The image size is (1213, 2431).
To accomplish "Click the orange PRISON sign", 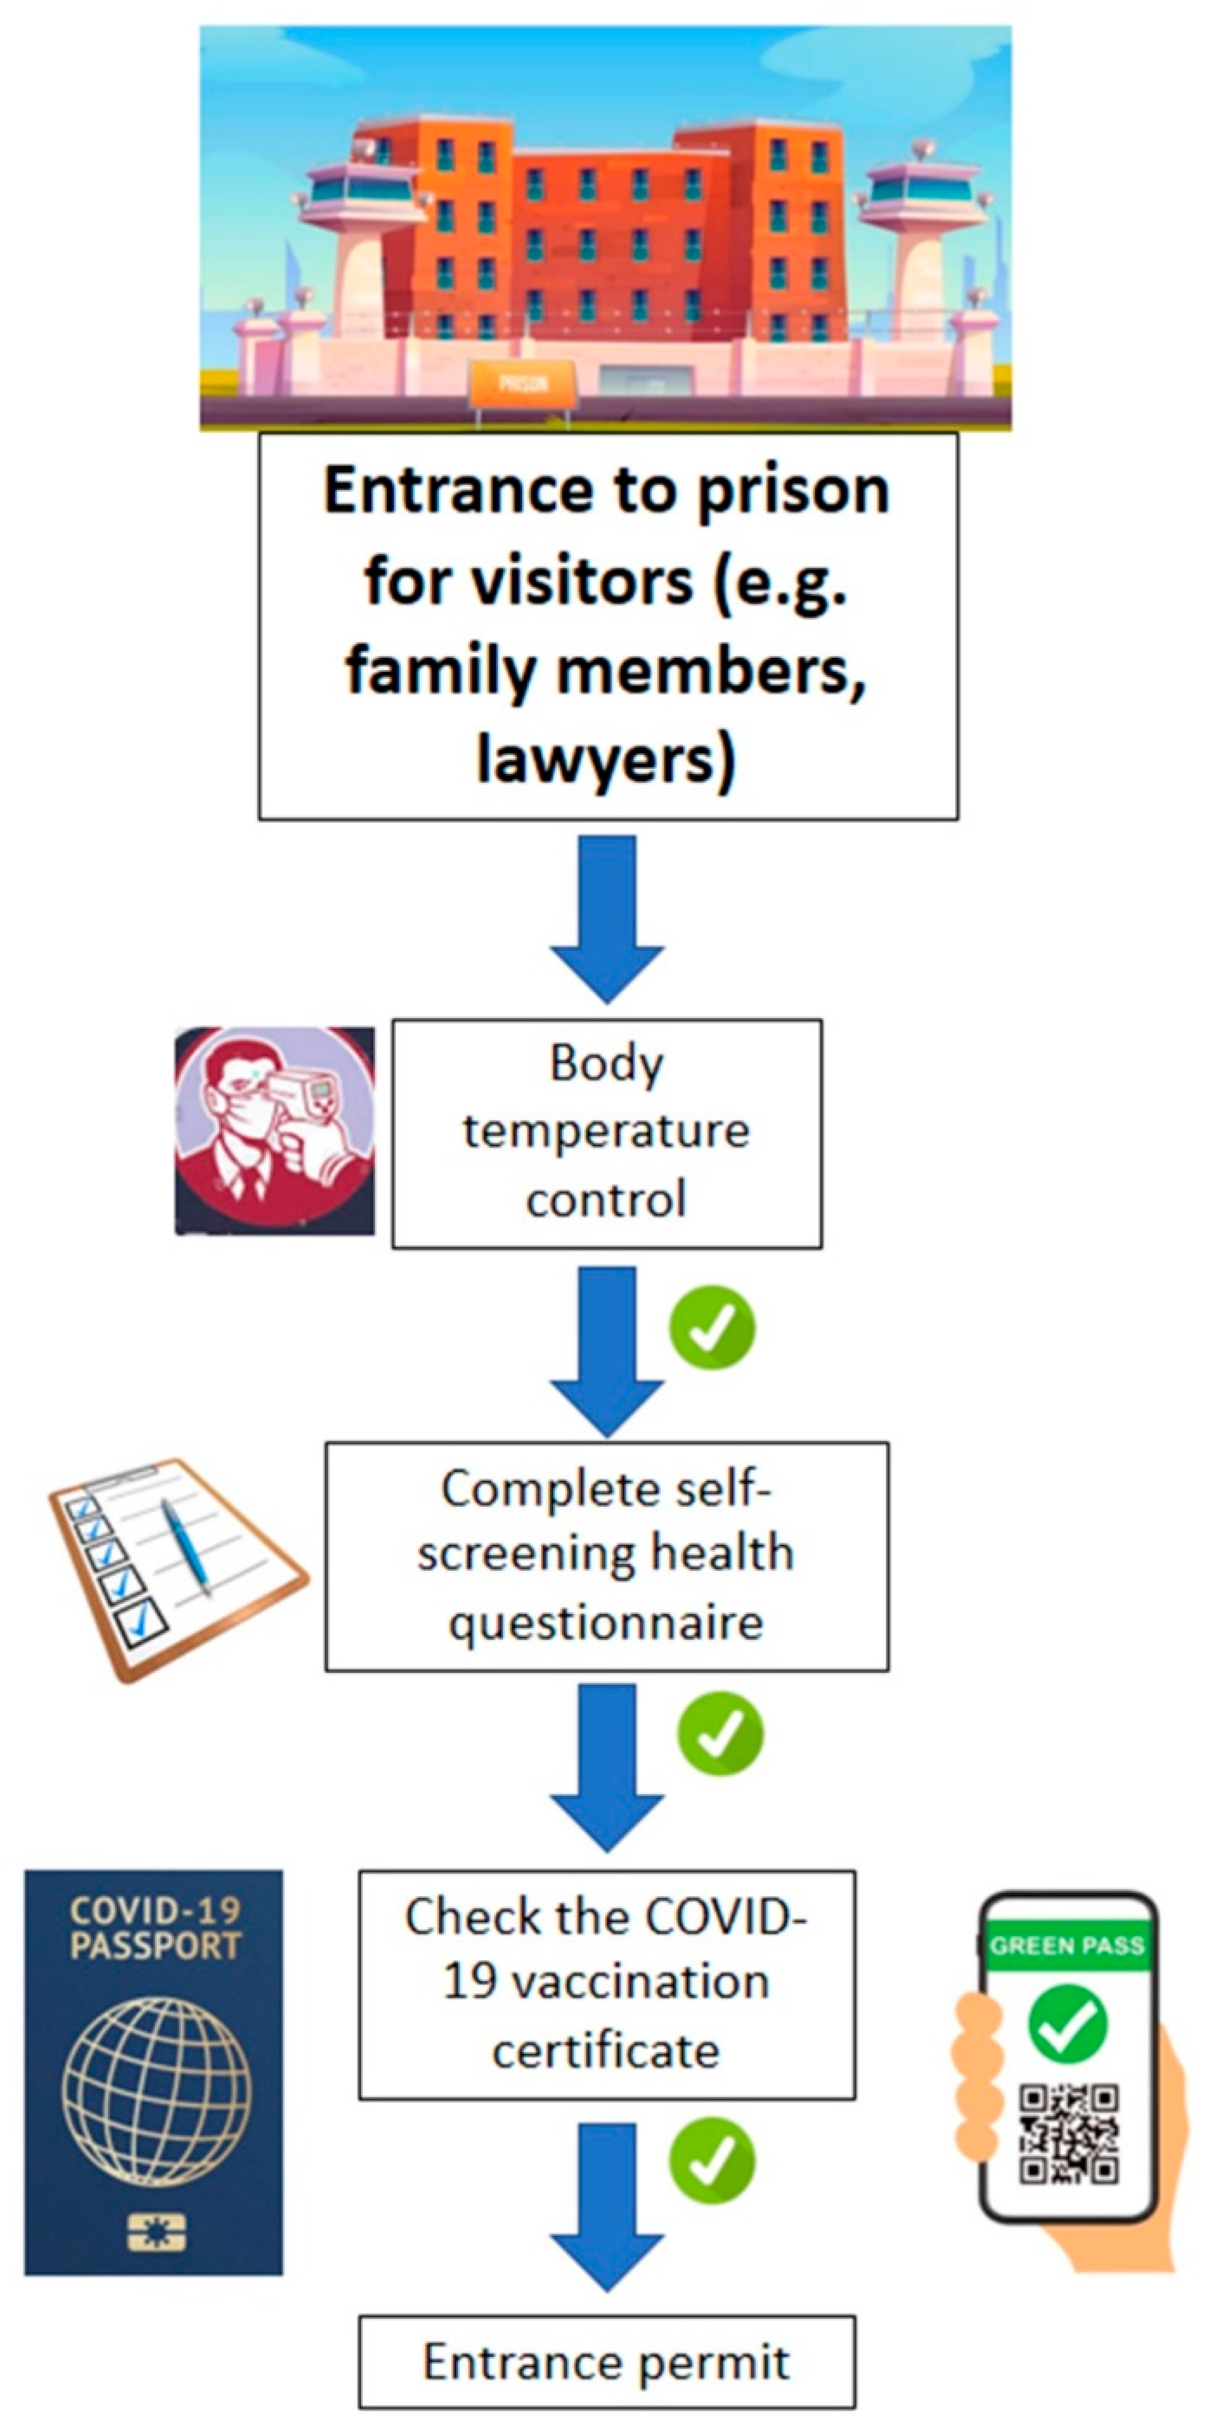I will point(522,384).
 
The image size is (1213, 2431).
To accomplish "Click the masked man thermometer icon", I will point(275,1130).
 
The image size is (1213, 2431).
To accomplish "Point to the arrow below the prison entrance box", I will point(607,915).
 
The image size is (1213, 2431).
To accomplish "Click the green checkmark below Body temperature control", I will point(712,1328).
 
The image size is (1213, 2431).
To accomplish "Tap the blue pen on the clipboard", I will point(185,1546).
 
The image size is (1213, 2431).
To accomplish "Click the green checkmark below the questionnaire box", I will point(720,1734).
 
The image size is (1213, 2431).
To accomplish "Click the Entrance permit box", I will point(607,2362).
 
